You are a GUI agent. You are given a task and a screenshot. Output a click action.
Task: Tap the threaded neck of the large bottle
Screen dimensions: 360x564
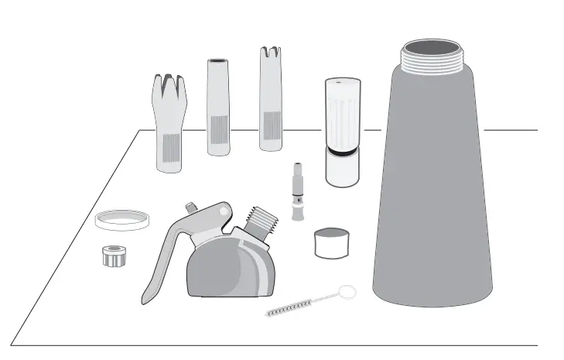click(433, 55)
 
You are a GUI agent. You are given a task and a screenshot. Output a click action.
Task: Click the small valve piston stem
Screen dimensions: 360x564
click(297, 191)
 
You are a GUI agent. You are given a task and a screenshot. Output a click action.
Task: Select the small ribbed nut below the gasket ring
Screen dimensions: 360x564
click(115, 255)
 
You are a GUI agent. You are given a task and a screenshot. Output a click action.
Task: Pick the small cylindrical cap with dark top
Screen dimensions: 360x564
click(333, 242)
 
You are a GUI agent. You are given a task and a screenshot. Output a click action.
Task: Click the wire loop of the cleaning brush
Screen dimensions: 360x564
click(348, 292)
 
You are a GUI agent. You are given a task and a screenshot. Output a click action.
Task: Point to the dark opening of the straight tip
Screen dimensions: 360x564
click(218, 61)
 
